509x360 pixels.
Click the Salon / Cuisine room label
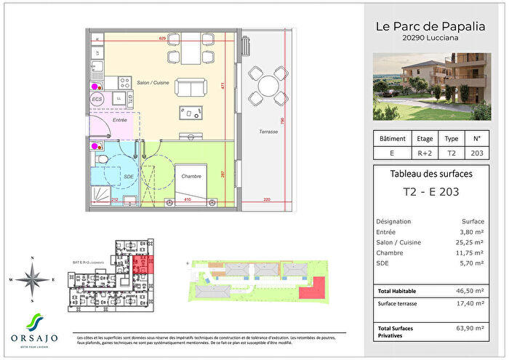pos(151,84)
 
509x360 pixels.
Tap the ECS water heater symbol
pos(97,99)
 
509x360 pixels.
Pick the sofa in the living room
pos(193,88)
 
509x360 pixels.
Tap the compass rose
pos(31,279)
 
